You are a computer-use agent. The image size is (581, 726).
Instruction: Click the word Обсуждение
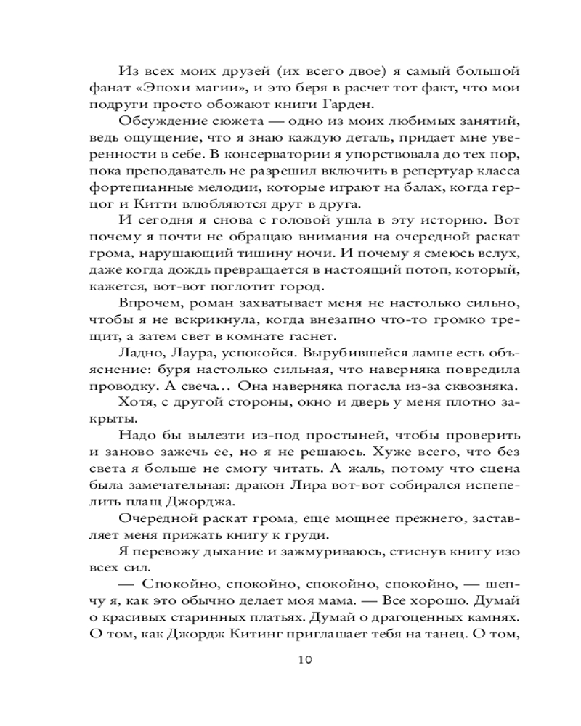[x=161, y=129]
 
